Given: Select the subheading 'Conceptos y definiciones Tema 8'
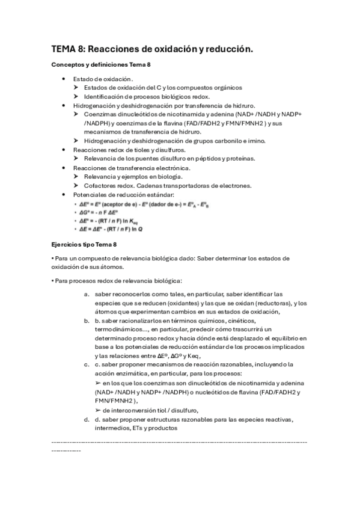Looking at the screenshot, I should coord(100,64).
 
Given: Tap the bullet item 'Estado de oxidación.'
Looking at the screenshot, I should coord(103,79).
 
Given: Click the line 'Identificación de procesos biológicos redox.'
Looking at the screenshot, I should coord(147,96).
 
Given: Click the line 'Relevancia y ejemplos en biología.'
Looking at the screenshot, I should coord(133,177).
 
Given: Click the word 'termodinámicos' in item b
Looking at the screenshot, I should coord(120,330).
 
